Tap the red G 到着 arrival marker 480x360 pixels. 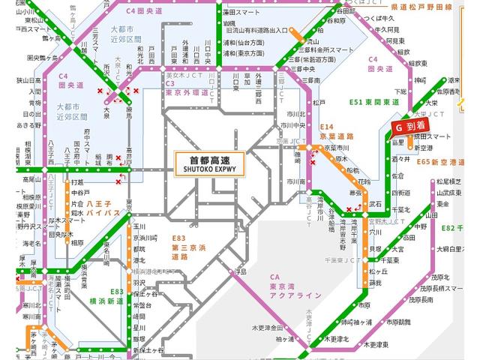[x=410, y=128]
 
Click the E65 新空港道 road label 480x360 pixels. [x=445, y=161]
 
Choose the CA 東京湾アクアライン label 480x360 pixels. [x=295, y=286]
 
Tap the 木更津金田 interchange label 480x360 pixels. [x=266, y=328]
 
